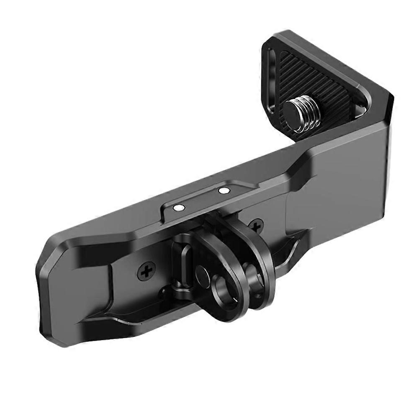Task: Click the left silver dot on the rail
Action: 179,207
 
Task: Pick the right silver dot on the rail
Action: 225,191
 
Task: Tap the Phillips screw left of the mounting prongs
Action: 147,272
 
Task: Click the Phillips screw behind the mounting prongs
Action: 256,226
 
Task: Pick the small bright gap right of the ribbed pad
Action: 359,110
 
